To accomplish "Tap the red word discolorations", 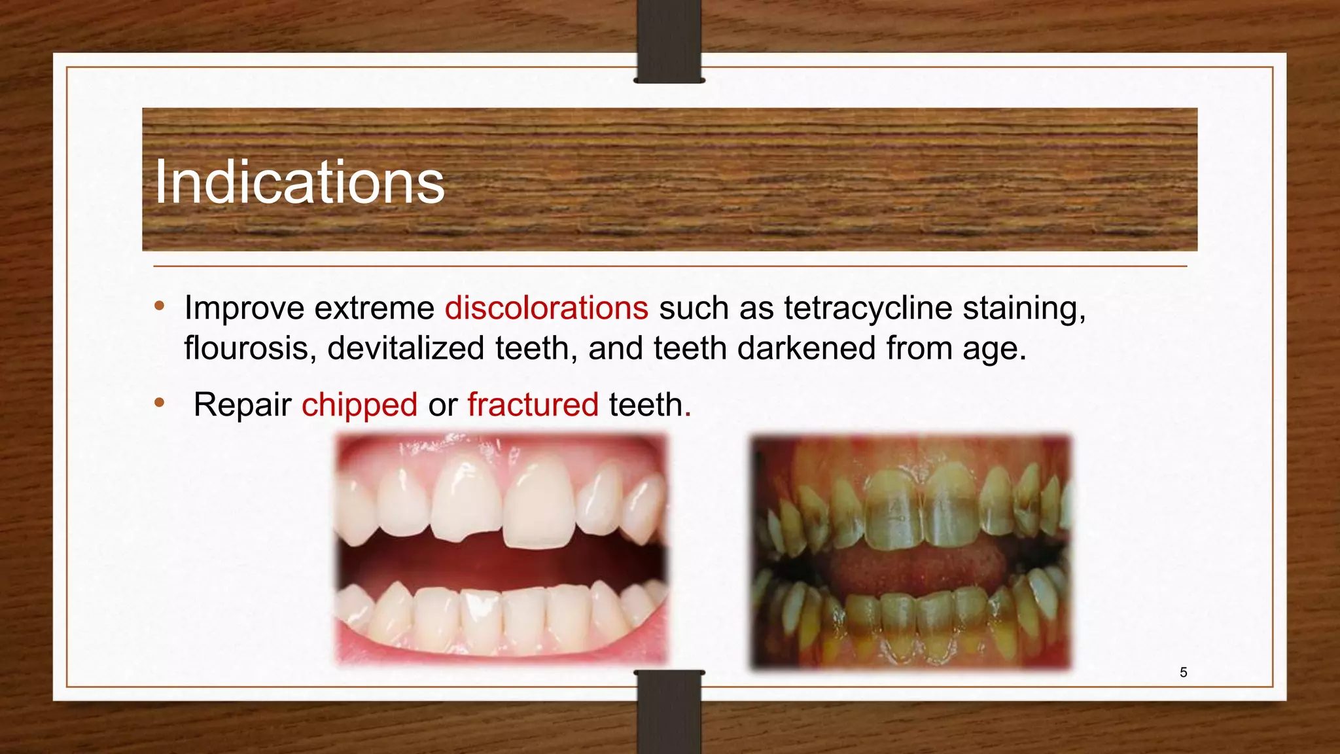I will [546, 308].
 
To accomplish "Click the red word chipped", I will [359, 404].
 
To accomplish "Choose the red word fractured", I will [533, 404].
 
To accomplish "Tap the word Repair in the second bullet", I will [242, 404].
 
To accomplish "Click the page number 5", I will [1183, 672].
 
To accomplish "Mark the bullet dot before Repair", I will [160, 403].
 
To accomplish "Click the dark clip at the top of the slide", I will [669, 41].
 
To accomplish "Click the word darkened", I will [806, 348].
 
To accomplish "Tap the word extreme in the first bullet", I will [374, 308].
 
